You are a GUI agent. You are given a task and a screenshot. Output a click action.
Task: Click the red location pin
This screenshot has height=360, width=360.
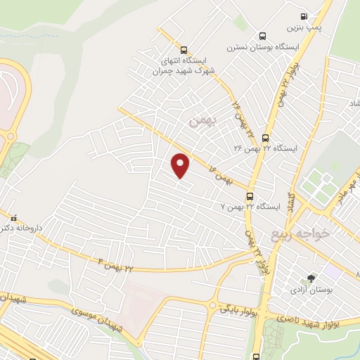[x=181, y=165]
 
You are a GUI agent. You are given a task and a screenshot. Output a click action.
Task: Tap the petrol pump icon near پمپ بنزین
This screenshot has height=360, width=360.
[x=303, y=16]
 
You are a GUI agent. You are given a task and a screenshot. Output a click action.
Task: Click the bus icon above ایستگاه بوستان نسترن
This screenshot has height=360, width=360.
[x=262, y=37]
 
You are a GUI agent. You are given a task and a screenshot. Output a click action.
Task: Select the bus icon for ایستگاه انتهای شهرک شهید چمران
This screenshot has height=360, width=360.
[x=184, y=50]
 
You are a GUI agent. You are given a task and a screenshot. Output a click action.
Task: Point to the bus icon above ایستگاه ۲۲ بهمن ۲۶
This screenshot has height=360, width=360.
[x=265, y=139]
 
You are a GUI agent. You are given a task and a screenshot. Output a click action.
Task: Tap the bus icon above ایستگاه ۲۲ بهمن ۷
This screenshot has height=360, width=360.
[x=251, y=196]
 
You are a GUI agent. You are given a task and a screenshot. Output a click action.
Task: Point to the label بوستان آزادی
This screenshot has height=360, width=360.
[x=314, y=289]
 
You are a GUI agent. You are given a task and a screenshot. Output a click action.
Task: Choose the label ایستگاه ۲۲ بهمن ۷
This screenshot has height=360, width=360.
[x=250, y=207]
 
